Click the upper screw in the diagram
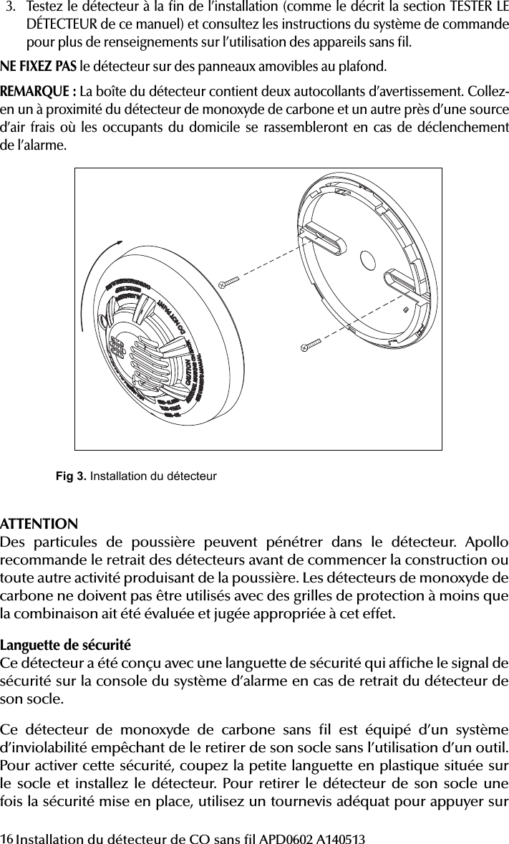[231, 282]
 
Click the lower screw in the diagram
[311, 345]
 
